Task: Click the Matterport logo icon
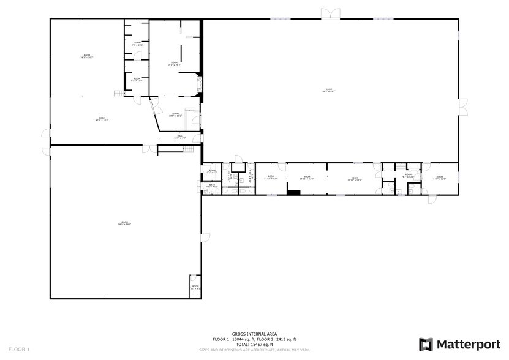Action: click(426, 344)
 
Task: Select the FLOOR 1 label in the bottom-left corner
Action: click(19, 349)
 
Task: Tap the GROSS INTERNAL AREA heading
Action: click(254, 334)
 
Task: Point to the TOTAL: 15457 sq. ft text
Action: click(254, 343)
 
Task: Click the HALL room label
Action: click(179, 137)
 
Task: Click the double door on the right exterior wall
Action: click(463, 107)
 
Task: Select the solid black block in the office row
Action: click(294, 193)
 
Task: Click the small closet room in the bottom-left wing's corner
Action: click(195, 287)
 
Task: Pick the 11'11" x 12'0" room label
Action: click(271, 178)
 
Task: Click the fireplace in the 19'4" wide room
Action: click(199, 84)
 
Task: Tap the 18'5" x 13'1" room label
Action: click(175, 114)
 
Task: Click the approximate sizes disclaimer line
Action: click(254, 350)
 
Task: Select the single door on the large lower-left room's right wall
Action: click(205, 237)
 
